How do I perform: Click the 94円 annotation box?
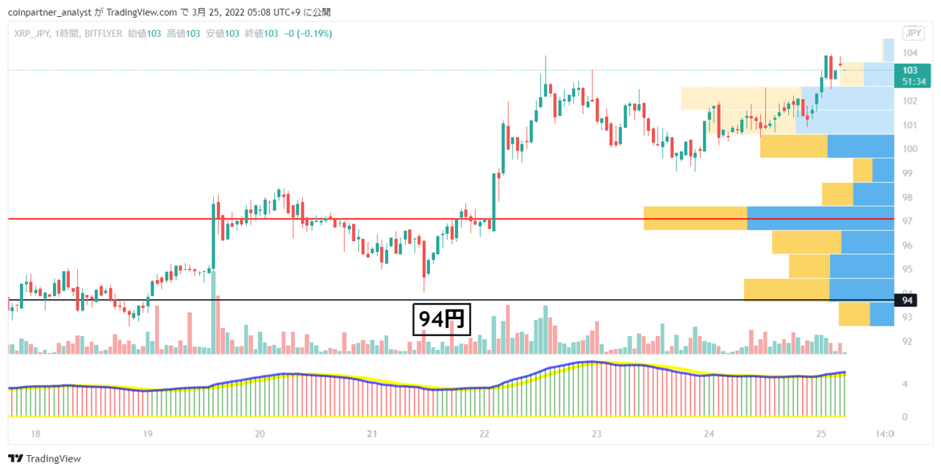tap(442, 319)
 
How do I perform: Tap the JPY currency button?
tap(914, 33)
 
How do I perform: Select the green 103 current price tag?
tap(912, 76)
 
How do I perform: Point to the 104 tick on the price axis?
tap(910, 53)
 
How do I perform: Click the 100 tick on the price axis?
tap(910, 149)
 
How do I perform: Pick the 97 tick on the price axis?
tap(907, 221)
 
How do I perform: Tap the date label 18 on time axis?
tap(35, 434)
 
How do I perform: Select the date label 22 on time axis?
tap(484, 434)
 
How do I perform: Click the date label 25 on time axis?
tap(821, 434)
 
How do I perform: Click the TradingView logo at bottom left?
tap(45, 459)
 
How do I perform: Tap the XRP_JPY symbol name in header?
tap(32, 34)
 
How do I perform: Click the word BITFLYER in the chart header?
tap(104, 34)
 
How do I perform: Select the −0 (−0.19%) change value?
tap(308, 34)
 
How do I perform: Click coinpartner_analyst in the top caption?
tap(49, 12)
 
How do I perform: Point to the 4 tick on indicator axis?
tap(905, 385)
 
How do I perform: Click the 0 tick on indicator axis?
tap(905, 417)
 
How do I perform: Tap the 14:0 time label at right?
tap(884, 434)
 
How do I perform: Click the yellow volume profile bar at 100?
tap(793, 146)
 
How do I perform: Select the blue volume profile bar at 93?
tap(881, 314)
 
